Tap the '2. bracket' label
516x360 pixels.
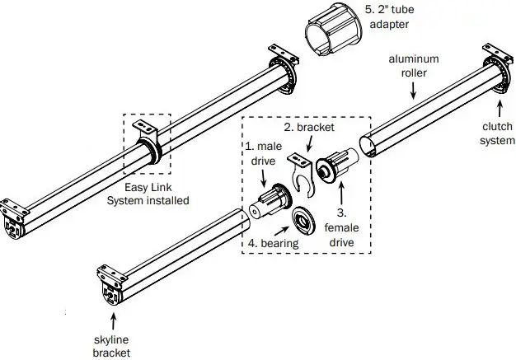[311, 129]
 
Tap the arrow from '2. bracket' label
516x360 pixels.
[307, 145]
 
